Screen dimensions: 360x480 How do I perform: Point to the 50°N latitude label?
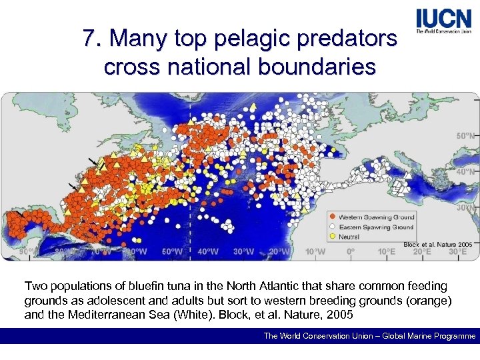tap(464, 135)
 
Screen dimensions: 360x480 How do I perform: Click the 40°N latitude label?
tap(464, 171)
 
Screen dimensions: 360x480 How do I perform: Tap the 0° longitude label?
tap(351, 252)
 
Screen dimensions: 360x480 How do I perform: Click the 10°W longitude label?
tap(315, 252)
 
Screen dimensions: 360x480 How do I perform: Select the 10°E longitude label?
tap(386, 252)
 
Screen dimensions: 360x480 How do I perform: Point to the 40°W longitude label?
tap(208, 252)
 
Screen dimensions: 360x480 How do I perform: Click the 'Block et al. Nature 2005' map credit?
tap(438, 244)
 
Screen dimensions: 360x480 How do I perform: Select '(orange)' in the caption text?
tap(425, 300)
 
